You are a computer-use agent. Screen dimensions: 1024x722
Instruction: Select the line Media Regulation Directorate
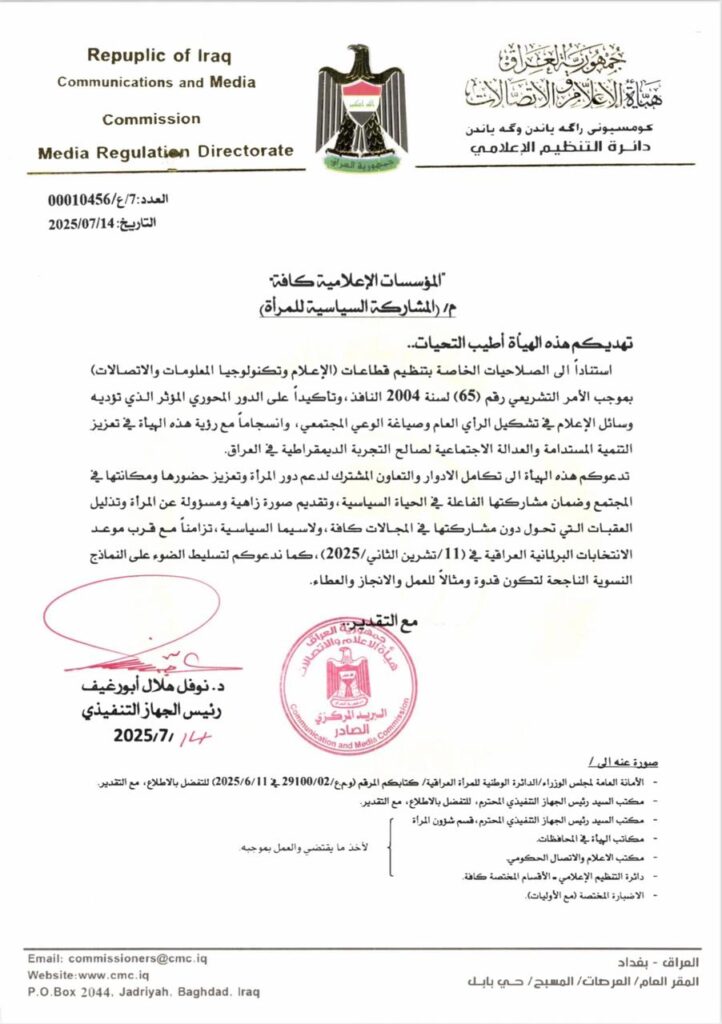(x=166, y=152)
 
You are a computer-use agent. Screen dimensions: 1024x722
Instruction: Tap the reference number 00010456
(x=84, y=201)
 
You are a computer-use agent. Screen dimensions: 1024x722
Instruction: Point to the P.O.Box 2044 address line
(x=144, y=992)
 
